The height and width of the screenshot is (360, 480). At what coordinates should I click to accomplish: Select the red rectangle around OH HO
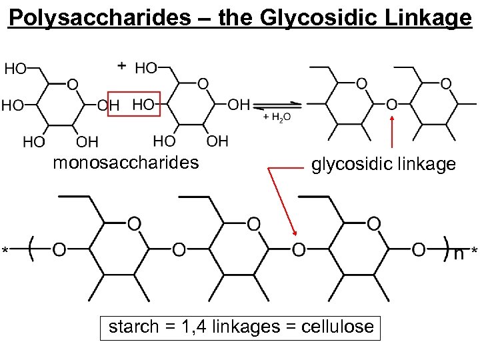tap(134, 104)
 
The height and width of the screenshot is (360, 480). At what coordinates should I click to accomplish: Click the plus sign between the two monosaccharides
tap(121, 65)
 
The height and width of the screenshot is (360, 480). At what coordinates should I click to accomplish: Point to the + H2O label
tap(277, 117)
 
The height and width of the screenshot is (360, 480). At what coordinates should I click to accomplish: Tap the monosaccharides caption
tap(125, 163)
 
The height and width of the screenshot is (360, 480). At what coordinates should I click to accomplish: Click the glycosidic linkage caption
tap(383, 164)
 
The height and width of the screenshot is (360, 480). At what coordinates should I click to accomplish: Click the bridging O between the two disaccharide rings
tap(391, 105)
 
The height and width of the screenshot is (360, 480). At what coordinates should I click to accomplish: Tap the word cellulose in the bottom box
tap(338, 327)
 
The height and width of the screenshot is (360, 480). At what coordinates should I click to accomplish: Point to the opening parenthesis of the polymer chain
tap(32, 248)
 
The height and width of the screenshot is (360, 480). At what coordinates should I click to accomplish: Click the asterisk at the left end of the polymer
tap(6, 251)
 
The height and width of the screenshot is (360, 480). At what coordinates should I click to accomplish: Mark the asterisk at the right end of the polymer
tap(474, 251)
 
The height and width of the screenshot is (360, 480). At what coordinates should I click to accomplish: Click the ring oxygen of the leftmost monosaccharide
tap(72, 85)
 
